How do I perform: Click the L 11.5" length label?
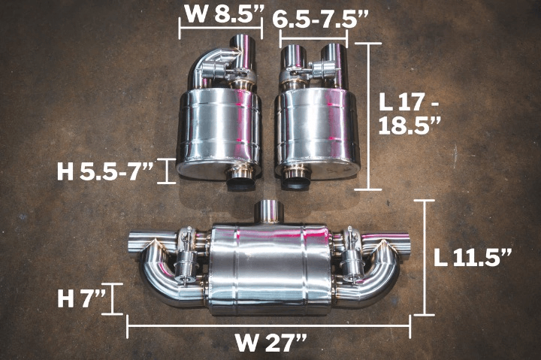(473, 256)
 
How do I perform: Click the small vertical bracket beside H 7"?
(113, 298)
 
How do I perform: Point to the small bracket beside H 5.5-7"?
(168, 171)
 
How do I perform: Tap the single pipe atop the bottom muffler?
(267, 211)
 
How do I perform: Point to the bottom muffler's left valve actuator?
(185, 259)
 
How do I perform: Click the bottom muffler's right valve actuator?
(352, 259)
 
